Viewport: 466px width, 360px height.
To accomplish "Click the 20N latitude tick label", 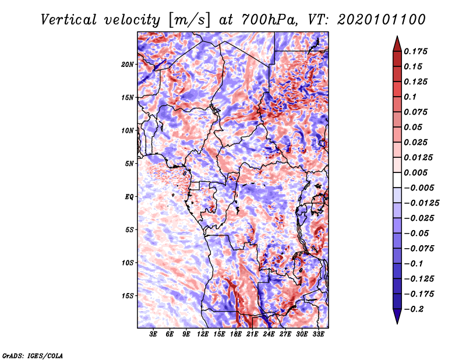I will (128, 64).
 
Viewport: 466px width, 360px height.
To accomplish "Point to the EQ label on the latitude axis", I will (130, 196).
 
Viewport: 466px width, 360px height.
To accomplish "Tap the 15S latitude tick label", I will (128, 295).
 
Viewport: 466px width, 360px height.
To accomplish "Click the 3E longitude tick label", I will (154, 334).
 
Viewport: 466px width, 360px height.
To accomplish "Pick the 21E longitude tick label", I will (252, 334).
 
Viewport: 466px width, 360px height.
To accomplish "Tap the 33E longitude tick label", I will (318, 334).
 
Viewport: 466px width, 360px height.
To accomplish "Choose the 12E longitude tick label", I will (203, 334).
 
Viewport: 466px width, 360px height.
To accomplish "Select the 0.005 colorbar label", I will (417, 172).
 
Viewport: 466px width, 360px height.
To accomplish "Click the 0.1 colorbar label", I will (411, 97).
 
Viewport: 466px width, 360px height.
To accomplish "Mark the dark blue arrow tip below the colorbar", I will (396, 319).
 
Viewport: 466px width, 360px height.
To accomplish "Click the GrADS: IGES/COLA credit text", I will (33, 355).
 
